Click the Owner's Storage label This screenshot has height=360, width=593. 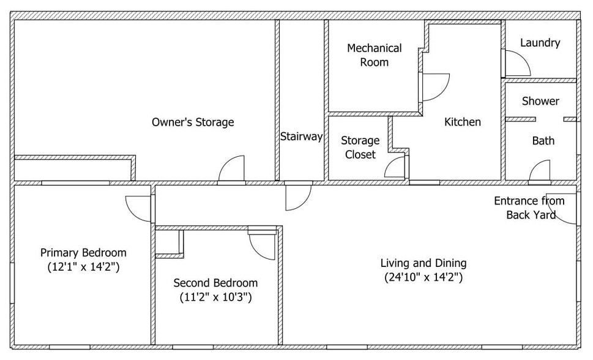coord(193,122)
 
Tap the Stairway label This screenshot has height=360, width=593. coord(302,137)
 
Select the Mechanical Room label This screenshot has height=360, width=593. coord(375,55)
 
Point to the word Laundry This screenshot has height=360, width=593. coord(540,43)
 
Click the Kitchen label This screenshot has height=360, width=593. coord(463,122)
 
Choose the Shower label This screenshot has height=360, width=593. coord(540,101)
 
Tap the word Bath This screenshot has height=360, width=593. coord(543,141)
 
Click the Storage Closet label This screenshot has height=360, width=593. coord(360,148)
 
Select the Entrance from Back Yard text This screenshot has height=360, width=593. coord(529,208)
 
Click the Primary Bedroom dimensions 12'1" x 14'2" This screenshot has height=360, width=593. coord(84,267)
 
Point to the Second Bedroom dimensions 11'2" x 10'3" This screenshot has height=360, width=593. coord(215,297)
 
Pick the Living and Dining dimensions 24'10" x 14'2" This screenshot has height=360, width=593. coord(423,277)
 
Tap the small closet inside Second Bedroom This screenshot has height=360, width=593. coord(168,242)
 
